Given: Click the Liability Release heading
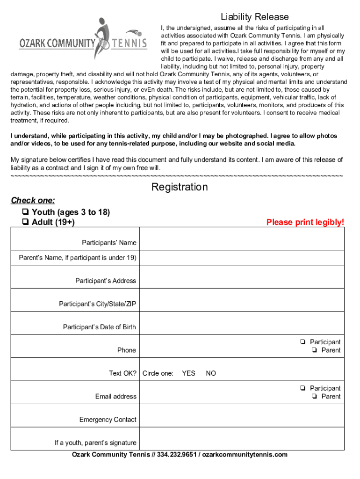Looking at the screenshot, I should point(255,17).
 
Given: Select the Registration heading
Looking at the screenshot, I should point(180,187).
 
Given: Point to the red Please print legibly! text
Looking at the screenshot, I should point(305,222).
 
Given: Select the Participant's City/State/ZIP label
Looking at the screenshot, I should point(97,304).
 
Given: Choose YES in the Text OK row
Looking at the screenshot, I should point(188,373).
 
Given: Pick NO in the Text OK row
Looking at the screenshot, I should point(211,373).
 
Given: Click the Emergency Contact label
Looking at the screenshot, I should point(108,420).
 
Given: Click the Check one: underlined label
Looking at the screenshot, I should point(33,201).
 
